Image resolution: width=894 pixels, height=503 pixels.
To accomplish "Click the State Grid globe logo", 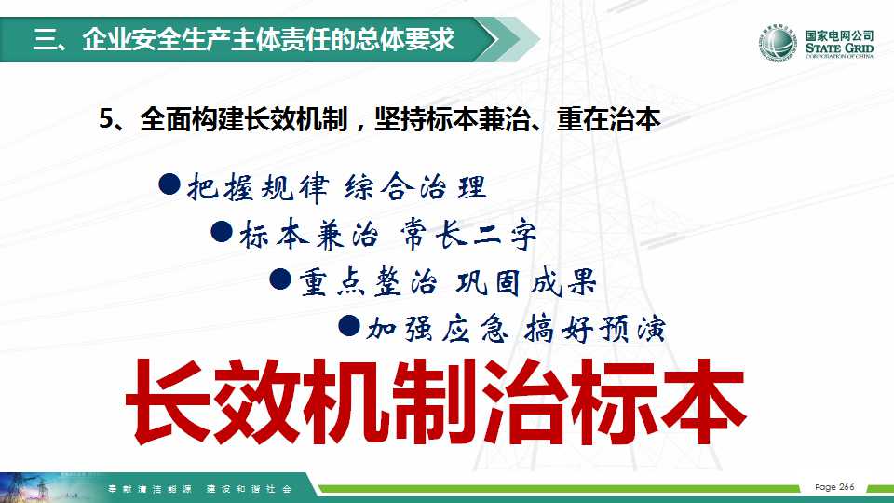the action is pyautogui.click(x=778, y=43).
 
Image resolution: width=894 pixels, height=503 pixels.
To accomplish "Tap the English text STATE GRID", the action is pyautogui.click(x=839, y=48).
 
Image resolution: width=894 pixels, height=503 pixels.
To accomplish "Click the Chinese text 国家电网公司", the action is pyautogui.click(x=839, y=35).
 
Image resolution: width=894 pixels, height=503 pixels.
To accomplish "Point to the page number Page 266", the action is pyautogui.click(x=834, y=487).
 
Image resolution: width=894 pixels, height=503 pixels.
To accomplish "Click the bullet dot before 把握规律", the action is pyautogui.click(x=169, y=184).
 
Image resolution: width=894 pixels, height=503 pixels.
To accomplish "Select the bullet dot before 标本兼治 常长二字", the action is pyautogui.click(x=222, y=232).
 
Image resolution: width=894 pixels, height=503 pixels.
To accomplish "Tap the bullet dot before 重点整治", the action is pyautogui.click(x=280, y=279).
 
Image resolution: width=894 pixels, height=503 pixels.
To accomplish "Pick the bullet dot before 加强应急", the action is pyautogui.click(x=349, y=326).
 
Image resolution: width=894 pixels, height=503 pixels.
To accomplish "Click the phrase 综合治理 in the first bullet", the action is pyautogui.click(x=415, y=187).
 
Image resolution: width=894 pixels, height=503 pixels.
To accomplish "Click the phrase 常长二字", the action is pyautogui.click(x=468, y=234).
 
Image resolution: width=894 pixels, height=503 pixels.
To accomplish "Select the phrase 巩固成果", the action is pyautogui.click(x=525, y=281).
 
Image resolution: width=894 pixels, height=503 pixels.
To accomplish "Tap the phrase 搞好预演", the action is pyautogui.click(x=595, y=329).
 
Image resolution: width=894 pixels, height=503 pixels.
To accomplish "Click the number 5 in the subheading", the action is pyautogui.click(x=106, y=119).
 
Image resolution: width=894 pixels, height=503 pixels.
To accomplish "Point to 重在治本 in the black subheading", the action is pyautogui.click(x=609, y=119).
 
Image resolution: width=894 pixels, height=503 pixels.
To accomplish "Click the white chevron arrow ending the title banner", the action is pyautogui.click(x=489, y=39).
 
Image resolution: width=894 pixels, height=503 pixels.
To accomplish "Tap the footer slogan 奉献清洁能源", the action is pyautogui.click(x=149, y=489).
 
